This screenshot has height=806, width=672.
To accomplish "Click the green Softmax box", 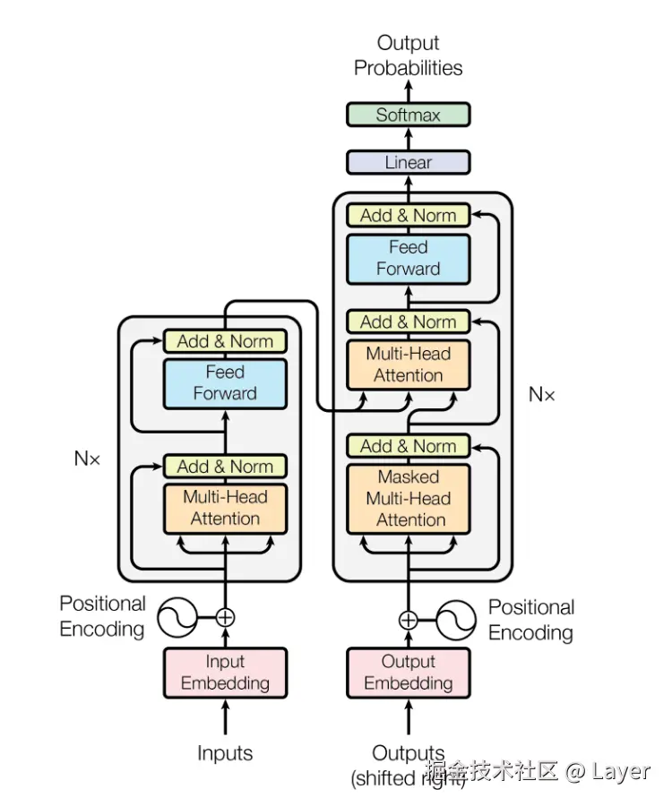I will point(408,115).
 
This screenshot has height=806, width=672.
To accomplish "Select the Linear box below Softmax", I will point(408,162).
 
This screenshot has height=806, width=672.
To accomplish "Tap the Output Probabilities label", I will point(408,56).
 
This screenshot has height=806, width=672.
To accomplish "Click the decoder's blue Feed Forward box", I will point(408,258).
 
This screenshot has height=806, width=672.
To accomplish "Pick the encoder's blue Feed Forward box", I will point(225,382).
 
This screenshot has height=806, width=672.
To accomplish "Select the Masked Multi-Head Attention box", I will point(408,499).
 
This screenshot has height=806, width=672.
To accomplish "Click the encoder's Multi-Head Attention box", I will point(225,508).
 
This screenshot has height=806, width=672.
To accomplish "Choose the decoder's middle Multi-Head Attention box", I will point(408,364).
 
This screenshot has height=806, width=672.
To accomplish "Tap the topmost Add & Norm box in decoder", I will point(408,215).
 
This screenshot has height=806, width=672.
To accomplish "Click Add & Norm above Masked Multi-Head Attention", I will point(408,446).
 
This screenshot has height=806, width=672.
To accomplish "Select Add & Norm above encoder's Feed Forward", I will point(225,341).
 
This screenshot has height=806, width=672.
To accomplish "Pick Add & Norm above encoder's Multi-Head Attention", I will point(225,467).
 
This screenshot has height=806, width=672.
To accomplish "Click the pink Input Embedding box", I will point(225,673).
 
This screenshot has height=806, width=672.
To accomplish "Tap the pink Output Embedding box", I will point(408,673).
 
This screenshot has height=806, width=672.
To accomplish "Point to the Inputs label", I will point(225,753).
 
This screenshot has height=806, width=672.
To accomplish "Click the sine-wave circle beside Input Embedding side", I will point(177,617).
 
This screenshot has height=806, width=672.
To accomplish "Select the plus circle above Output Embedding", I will point(408,619).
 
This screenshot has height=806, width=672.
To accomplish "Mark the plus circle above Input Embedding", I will point(225,617).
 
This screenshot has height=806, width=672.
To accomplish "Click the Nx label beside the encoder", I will point(87,459).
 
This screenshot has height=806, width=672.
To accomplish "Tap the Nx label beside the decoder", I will point(541,394).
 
